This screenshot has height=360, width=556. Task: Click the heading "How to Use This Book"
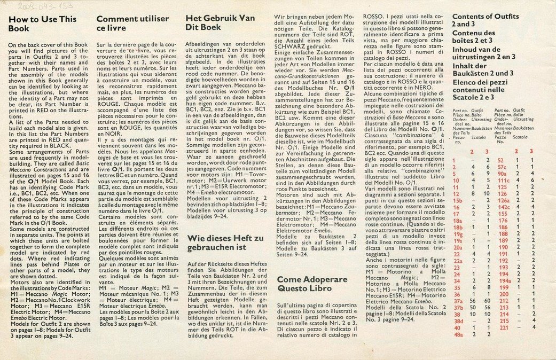42,24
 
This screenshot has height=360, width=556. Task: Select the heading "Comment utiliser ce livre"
132,24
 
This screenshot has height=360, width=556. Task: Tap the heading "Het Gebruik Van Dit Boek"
221,24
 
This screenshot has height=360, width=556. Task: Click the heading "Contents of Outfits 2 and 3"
492,20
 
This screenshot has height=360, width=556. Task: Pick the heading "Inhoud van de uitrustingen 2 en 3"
490,53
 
